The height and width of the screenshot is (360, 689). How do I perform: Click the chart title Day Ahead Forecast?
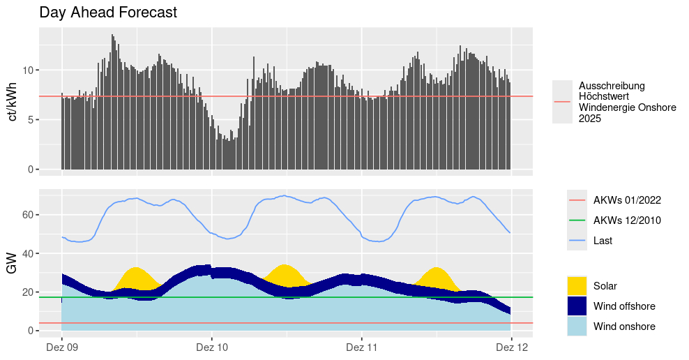click(108, 13)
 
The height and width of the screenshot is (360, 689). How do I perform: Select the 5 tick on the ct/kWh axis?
click(29, 120)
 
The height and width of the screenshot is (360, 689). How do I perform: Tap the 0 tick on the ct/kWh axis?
click(29, 170)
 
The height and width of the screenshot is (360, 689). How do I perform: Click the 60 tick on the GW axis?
click(26, 215)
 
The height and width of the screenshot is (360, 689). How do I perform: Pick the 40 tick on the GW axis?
click(26, 253)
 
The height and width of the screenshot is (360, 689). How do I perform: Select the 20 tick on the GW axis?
click(26, 292)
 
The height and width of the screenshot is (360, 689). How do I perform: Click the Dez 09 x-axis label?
click(62, 347)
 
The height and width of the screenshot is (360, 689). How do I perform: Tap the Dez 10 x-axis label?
click(212, 347)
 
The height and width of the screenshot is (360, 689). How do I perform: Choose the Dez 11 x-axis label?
click(362, 347)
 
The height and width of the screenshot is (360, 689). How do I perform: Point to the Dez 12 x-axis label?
click(512, 347)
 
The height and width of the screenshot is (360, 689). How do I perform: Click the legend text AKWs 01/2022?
click(627, 200)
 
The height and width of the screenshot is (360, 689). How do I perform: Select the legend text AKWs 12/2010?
click(627, 220)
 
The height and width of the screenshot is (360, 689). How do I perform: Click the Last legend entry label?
click(603, 241)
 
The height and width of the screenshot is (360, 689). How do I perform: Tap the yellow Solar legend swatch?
click(577, 286)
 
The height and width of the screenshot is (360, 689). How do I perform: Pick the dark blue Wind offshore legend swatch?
click(577, 306)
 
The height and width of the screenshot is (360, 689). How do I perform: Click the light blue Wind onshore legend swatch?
click(577, 327)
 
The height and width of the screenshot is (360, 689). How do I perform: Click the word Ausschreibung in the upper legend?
click(612, 86)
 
